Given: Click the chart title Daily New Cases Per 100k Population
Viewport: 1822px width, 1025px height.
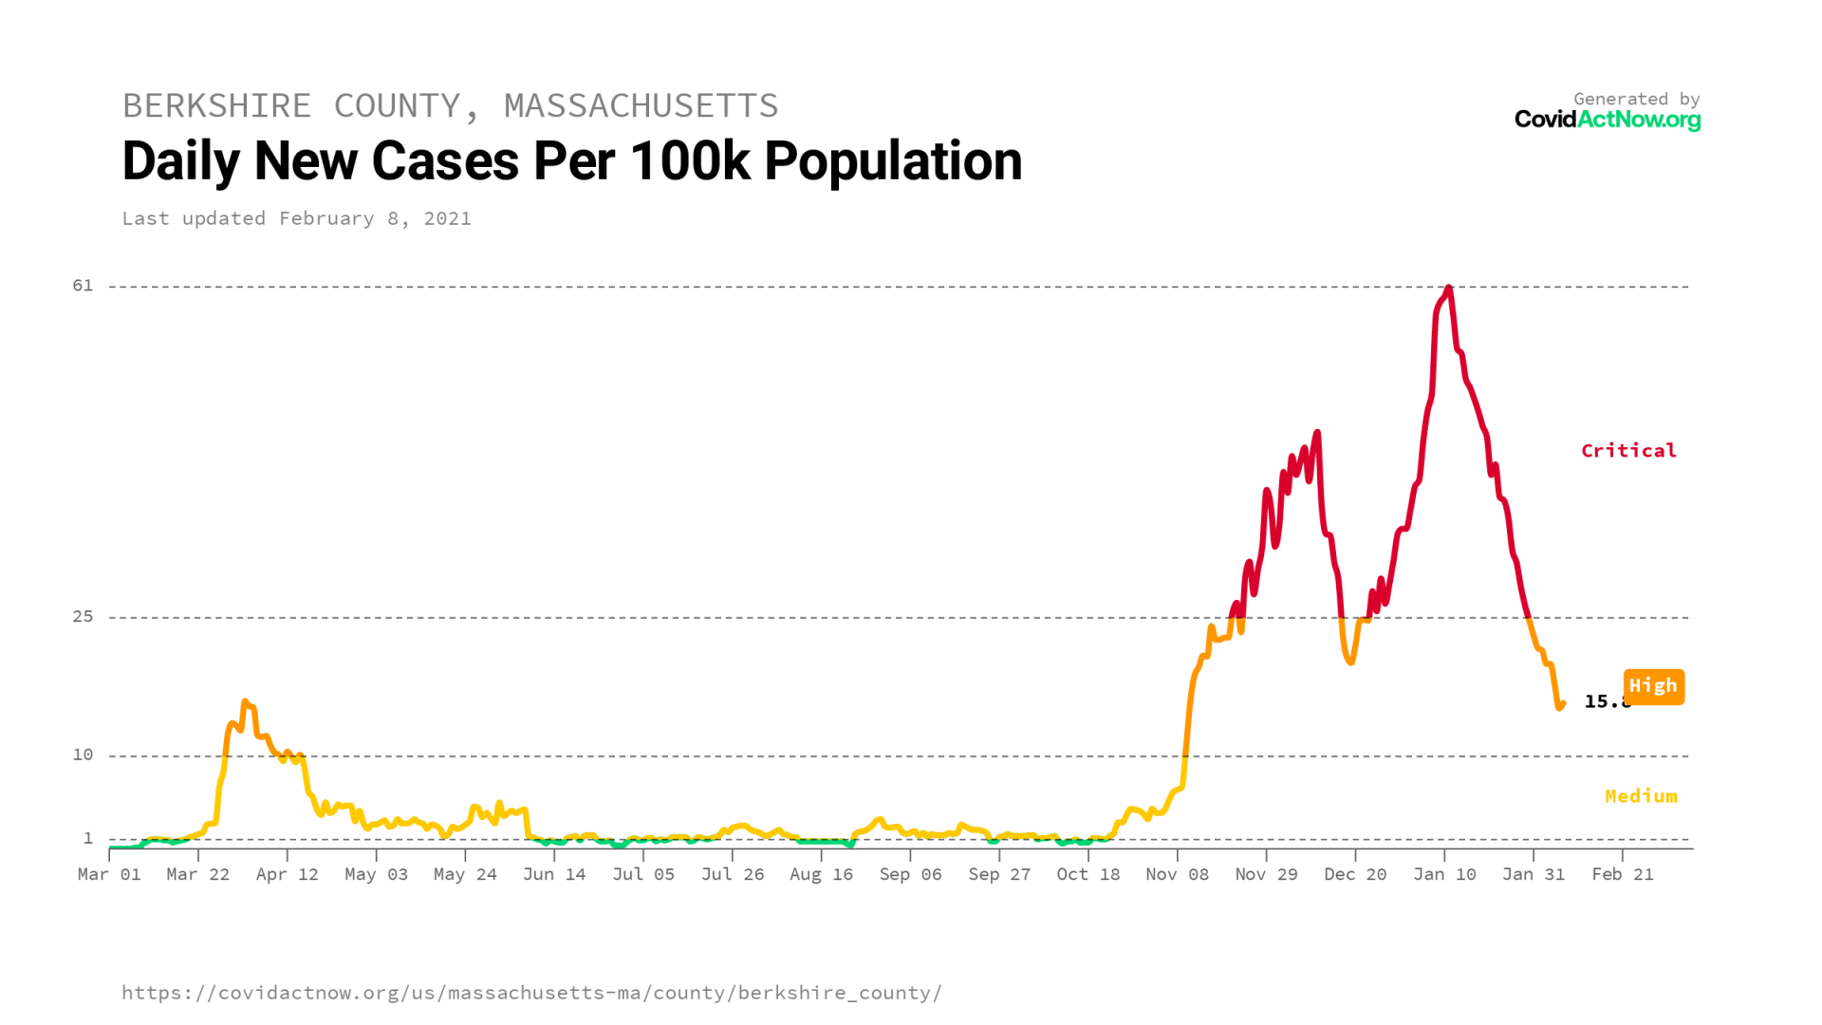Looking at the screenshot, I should coord(571,161).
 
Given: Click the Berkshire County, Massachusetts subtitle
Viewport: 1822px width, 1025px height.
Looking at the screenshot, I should coord(450,105).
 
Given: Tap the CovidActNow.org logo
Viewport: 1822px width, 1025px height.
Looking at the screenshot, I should coord(1607,120).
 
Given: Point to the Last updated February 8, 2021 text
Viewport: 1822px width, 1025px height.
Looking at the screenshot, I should coord(296,218).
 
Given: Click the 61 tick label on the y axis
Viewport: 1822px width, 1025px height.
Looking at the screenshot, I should coord(84,286).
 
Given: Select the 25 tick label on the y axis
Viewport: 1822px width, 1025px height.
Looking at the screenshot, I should coord(84,617).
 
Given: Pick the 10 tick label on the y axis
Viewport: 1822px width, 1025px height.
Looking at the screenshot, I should coord(84,755).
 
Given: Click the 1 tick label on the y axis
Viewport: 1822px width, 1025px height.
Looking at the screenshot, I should coord(88,838).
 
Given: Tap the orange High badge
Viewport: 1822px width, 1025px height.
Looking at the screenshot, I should coord(1653,686).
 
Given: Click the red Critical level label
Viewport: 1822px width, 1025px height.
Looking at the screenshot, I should coord(1628,451).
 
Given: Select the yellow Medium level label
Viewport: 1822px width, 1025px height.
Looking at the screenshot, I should coord(1641,796).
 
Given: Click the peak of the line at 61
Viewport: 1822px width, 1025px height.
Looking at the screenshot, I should coord(1448,288).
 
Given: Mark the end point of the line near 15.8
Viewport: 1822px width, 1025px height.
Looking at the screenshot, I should coord(1561,704).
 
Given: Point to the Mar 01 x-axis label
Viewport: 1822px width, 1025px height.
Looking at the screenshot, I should coord(109,874).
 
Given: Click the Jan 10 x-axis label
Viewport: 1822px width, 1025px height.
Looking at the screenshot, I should coord(1444,874).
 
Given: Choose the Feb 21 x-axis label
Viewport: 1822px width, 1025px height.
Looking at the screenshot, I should coord(1622,874).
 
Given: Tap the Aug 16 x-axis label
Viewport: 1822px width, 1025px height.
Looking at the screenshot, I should coord(821,874).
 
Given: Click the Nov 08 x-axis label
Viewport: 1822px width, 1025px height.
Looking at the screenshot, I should coord(1177,874).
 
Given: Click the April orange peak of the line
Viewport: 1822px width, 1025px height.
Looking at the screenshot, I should coord(245,702).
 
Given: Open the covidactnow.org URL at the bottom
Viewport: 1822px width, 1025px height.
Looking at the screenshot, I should coord(531,993).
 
